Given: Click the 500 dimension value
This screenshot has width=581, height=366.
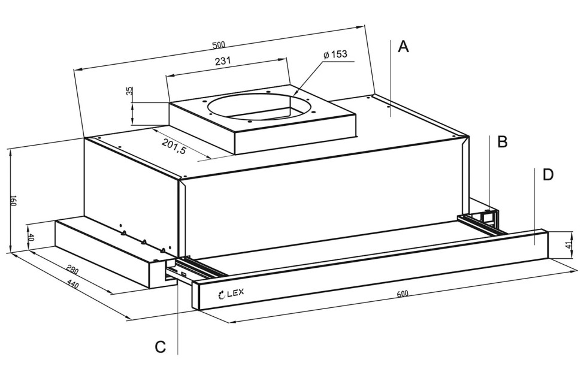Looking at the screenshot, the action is click(219, 46).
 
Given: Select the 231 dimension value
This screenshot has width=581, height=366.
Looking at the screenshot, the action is click(223, 61).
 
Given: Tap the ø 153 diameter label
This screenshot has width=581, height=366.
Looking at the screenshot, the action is click(335, 55).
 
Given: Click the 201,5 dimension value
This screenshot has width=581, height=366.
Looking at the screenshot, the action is click(174, 146).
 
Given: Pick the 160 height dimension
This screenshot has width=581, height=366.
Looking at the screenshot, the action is click(13, 201).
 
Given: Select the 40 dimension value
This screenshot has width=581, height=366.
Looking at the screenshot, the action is click(31, 237).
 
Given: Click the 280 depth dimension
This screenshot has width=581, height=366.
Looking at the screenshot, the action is click(72, 270).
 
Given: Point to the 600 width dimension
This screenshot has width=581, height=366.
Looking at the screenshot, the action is click(403, 294).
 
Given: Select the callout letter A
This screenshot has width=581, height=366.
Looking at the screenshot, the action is click(403, 47).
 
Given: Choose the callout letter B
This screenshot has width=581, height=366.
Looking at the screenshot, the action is click(502, 142).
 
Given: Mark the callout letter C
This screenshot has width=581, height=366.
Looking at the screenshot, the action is click(160, 347).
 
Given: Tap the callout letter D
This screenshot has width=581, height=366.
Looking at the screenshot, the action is click(548, 174).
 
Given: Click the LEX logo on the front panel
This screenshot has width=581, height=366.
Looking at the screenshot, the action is click(231, 294).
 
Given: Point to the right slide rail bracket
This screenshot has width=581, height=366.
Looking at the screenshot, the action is click(482, 222).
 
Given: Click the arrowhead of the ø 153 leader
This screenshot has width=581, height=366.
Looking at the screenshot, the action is click(295, 93).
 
